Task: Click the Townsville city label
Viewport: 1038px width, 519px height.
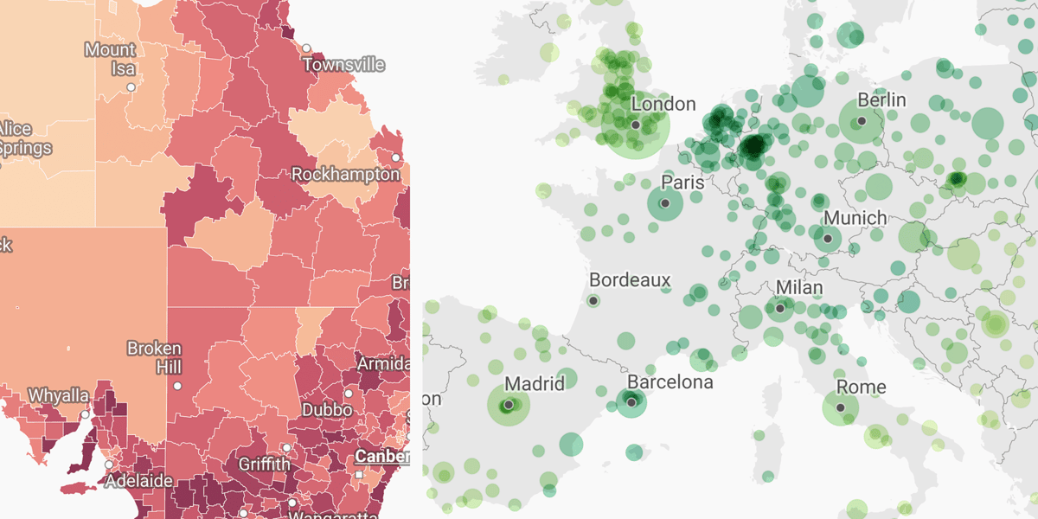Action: click(x=343, y=65)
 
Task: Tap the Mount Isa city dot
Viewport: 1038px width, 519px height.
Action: click(x=131, y=87)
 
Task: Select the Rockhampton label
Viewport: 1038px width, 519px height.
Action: click(x=346, y=174)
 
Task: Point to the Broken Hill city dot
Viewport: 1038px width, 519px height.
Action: click(x=177, y=386)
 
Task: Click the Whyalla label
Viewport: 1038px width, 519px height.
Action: click(x=58, y=395)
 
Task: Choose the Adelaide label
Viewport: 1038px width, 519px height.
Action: click(x=138, y=480)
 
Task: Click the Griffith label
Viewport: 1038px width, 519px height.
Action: click(x=265, y=465)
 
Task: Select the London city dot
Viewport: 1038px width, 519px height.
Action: click(x=636, y=125)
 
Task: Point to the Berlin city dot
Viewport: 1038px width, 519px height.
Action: click(x=862, y=121)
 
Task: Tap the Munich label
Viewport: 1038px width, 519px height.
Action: click(x=855, y=218)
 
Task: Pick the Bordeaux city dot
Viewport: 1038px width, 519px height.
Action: click(x=593, y=301)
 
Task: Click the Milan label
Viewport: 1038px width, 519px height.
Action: click(x=799, y=287)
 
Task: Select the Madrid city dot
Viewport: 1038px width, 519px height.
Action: click(x=509, y=404)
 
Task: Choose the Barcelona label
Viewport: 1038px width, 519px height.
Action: click(x=670, y=381)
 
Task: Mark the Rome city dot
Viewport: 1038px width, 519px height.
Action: click(x=840, y=407)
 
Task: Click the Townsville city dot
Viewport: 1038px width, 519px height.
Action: click(x=307, y=48)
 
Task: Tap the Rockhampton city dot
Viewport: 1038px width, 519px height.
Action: click(x=395, y=158)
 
